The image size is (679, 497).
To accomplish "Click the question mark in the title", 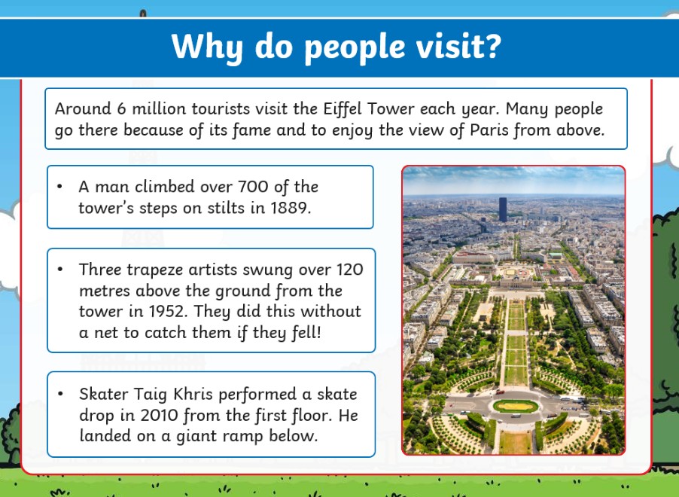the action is [x=492, y=45].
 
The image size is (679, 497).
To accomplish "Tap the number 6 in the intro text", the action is [x=122, y=108].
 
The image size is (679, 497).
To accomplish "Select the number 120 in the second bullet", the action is [x=350, y=270].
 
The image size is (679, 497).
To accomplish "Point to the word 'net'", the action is [x=106, y=333].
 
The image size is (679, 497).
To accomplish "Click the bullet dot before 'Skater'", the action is [x=60, y=394].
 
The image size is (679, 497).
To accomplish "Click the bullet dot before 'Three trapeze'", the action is [x=60, y=270].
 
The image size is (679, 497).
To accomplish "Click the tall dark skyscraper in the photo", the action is [x=503, y=210].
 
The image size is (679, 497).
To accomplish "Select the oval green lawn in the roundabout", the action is [x=516, y=406].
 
